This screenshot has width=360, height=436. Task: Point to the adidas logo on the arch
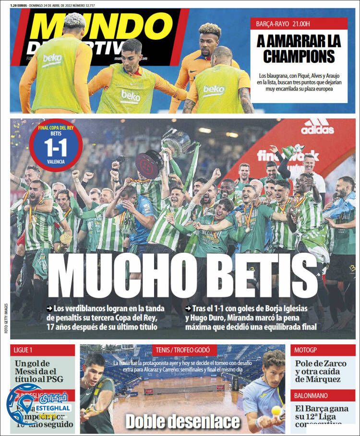pos(317,127)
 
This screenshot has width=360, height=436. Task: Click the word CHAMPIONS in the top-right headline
pos(299,57)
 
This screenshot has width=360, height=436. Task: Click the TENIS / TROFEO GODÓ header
pos(182,350)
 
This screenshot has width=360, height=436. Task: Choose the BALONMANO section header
pos(312,395)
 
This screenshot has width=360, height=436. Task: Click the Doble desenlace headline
pos(182,422)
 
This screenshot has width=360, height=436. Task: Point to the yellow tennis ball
pos(276,410)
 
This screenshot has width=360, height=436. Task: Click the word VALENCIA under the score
pos(56,162)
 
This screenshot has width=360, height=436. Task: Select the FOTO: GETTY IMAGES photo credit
pos(6,318)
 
